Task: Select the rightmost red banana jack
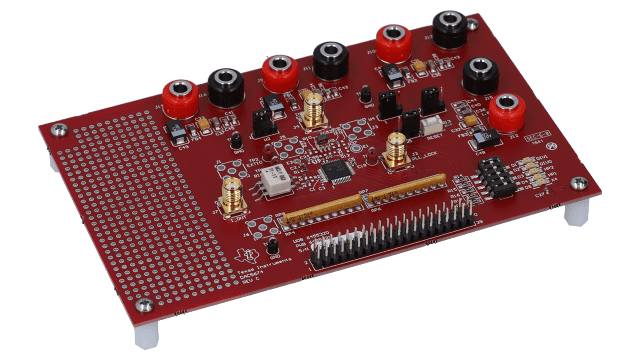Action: click(x=507, y=107)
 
